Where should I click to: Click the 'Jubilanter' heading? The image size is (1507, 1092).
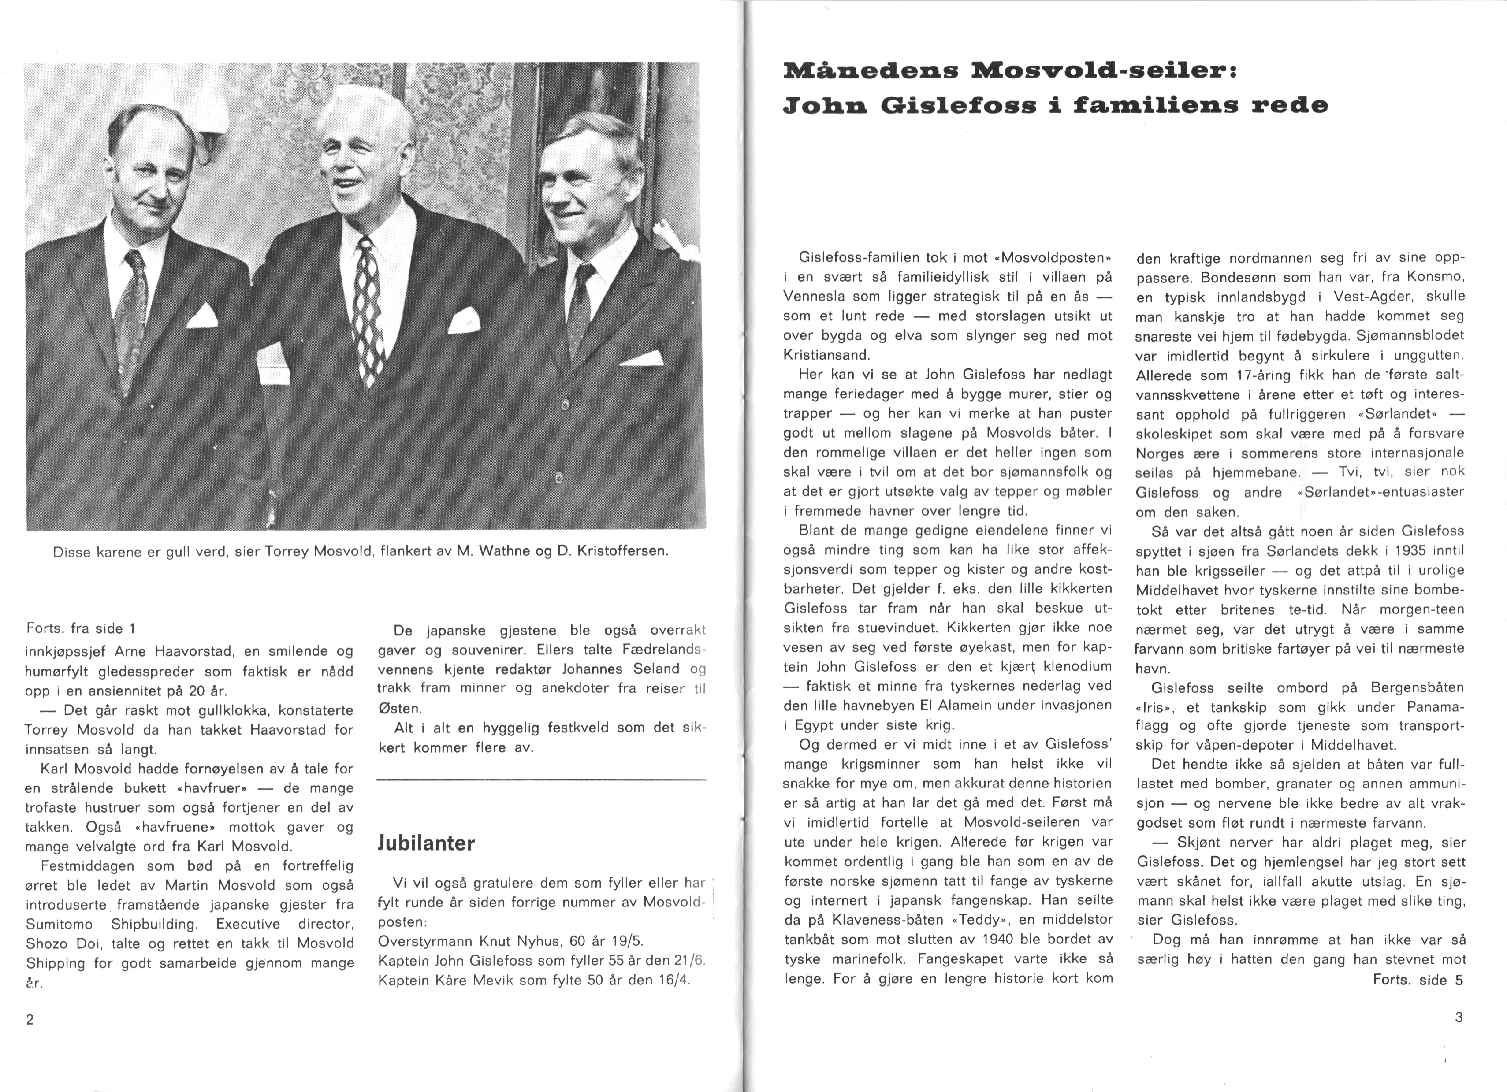coord(426,843)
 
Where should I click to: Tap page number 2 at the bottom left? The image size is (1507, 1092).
coord(30,1020)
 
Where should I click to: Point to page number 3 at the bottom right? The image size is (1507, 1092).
coord(1459,1017)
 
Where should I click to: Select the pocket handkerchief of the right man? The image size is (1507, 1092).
coord(642,359)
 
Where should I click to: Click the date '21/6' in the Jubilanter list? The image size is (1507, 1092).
coord(690,961)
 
